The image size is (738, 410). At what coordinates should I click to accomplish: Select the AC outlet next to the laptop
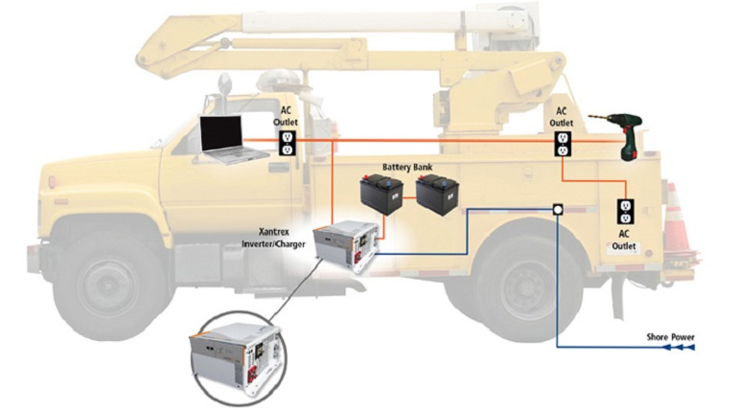tap(286, 144)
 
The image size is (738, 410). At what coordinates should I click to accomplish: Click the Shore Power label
tap(670, 336)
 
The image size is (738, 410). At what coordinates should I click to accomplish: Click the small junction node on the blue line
tap(558, 209)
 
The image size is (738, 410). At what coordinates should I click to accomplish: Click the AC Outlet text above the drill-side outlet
tap(563, 117)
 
